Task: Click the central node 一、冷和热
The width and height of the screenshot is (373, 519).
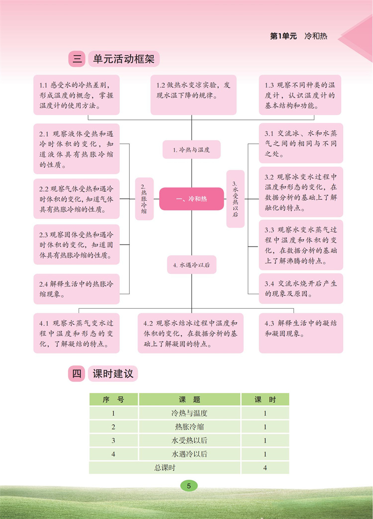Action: [191, 199]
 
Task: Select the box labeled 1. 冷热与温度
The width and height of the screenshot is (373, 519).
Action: [191, 149]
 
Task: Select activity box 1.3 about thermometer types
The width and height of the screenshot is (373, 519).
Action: [300, 94]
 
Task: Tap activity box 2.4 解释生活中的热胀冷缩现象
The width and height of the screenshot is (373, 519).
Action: [77, 289]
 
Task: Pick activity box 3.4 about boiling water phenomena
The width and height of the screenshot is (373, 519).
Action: [300, 289]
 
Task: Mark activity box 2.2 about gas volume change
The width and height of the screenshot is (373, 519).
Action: [77, 199]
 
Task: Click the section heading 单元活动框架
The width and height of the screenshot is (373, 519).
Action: [124, 59]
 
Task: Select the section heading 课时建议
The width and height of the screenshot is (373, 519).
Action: [113, 374]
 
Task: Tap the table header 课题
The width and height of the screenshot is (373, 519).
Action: [189, 400]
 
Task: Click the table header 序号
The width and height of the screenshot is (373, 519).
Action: [113, 400]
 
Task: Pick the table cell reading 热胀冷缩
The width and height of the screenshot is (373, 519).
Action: [189, 427]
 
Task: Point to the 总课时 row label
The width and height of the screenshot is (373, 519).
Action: [164, 467]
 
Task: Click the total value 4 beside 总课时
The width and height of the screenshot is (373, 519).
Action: [265, 467]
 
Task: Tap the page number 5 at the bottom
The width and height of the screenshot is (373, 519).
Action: [188, 486]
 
